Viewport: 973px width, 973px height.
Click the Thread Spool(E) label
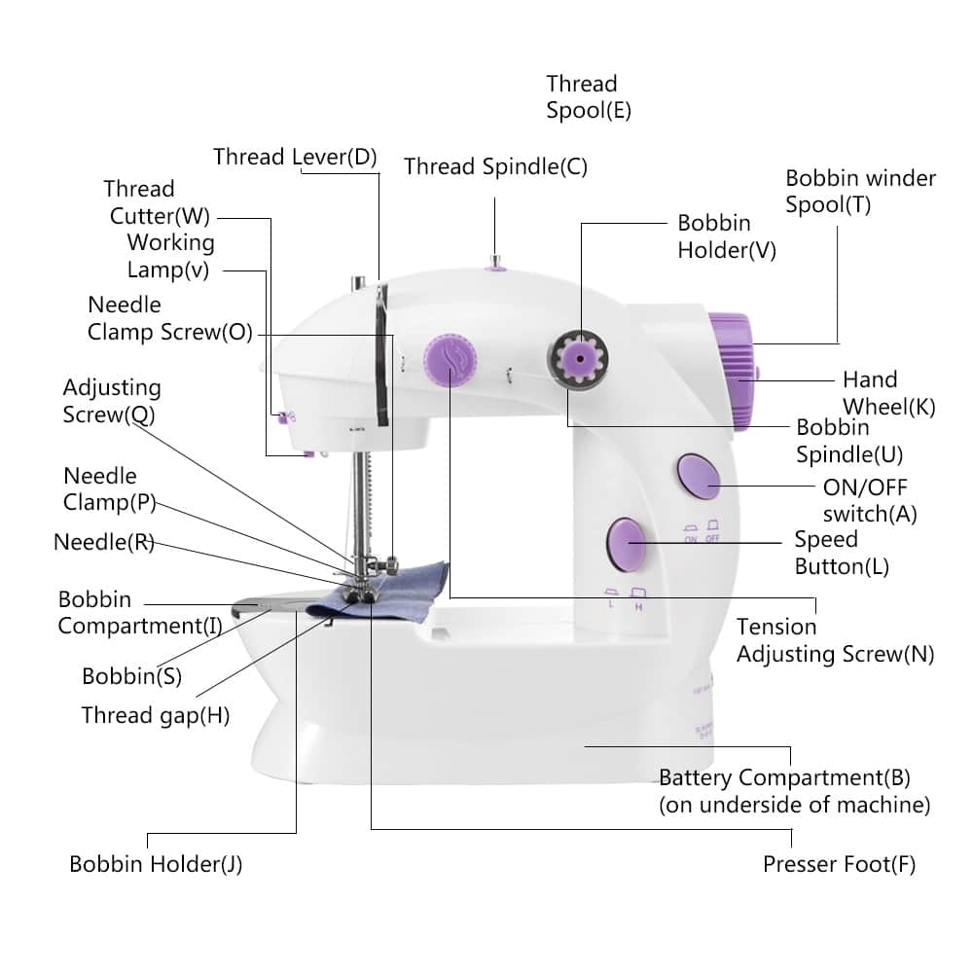point(588,97)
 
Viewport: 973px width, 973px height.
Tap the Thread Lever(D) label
point(295,157)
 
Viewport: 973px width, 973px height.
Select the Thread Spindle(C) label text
point(495,166)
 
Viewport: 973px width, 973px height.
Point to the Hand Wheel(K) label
point(888,393)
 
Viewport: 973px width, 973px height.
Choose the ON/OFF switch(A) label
point(869,500)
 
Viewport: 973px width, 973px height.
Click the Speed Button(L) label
point(842,553)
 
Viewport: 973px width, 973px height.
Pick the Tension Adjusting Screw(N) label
point(834,640)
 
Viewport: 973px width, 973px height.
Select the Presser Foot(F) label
point(839,864)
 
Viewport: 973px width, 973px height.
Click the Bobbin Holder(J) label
point(156,864)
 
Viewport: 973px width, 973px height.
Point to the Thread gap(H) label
point(156,716)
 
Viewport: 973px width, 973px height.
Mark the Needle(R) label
point(103,543)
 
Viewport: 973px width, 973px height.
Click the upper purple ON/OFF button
point(698,476)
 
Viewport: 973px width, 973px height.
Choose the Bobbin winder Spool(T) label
point(860,192)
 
